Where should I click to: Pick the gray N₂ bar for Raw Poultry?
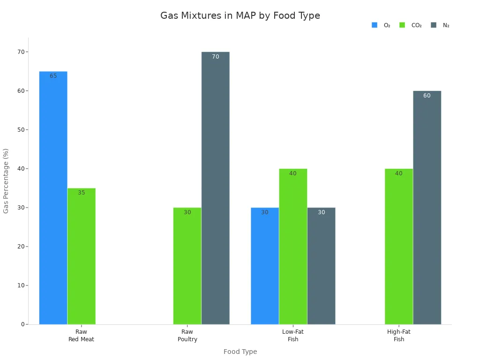pos(215,188)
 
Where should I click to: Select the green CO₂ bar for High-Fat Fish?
pos(399,247)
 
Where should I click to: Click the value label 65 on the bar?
pos(53,76)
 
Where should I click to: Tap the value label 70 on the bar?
pos(215,57)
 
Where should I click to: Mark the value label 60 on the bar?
pos(427,96)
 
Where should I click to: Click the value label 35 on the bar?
pos(81,193)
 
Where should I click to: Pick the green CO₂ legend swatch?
pos(402,25)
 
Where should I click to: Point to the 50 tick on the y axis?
pos(22,130)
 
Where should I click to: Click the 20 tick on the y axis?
pos(22,247)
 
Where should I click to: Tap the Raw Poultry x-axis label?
pos(187,336)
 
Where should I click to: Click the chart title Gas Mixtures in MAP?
pos(240,15)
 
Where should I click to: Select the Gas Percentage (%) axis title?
pos(6,181)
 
